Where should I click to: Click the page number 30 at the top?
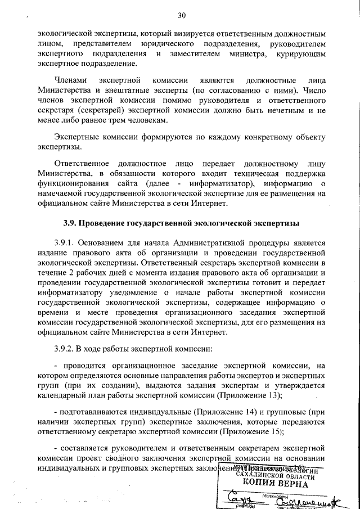click(181, 15)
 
